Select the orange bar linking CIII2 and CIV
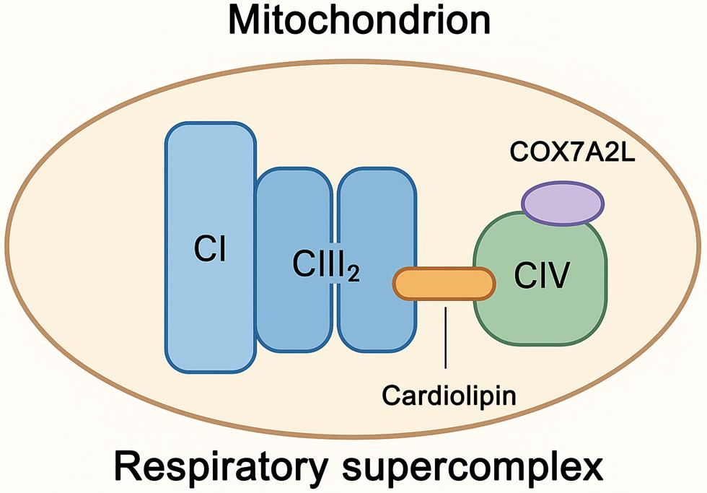(444, 283)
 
